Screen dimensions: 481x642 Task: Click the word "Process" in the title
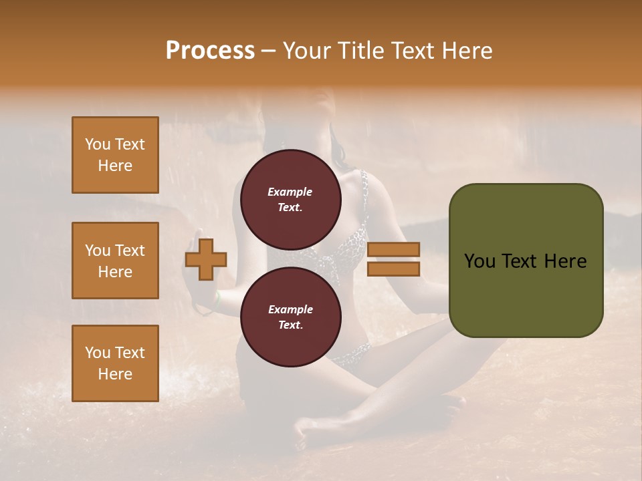[210, 51]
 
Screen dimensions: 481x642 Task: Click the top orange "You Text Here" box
[115, 155]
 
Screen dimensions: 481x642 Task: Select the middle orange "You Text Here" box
[115, 261]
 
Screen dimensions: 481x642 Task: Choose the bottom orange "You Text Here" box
[115, 363]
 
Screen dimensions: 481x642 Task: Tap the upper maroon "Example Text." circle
[290, 199]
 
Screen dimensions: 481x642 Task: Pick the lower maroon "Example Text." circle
[290, 317]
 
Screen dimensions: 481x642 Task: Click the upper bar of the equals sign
[393, 250]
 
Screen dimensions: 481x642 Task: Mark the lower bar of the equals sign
[393, 269]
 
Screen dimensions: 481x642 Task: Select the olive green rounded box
[526, 261]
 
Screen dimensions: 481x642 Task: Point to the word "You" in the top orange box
[98, 144]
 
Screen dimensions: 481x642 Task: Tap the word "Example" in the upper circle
[290, 192]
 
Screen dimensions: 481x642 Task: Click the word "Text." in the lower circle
[290, 325]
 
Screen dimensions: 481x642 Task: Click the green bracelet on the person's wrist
[216, 301]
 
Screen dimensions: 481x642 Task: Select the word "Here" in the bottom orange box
[115, 374]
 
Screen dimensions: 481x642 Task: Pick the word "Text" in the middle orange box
[129, 251]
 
